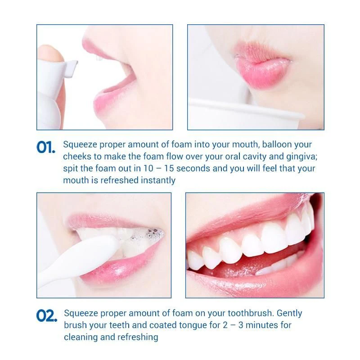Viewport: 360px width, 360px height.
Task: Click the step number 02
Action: (47, 315)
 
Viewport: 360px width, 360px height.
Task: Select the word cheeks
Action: (77, 157)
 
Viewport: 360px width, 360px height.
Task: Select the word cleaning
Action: (81, 337)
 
